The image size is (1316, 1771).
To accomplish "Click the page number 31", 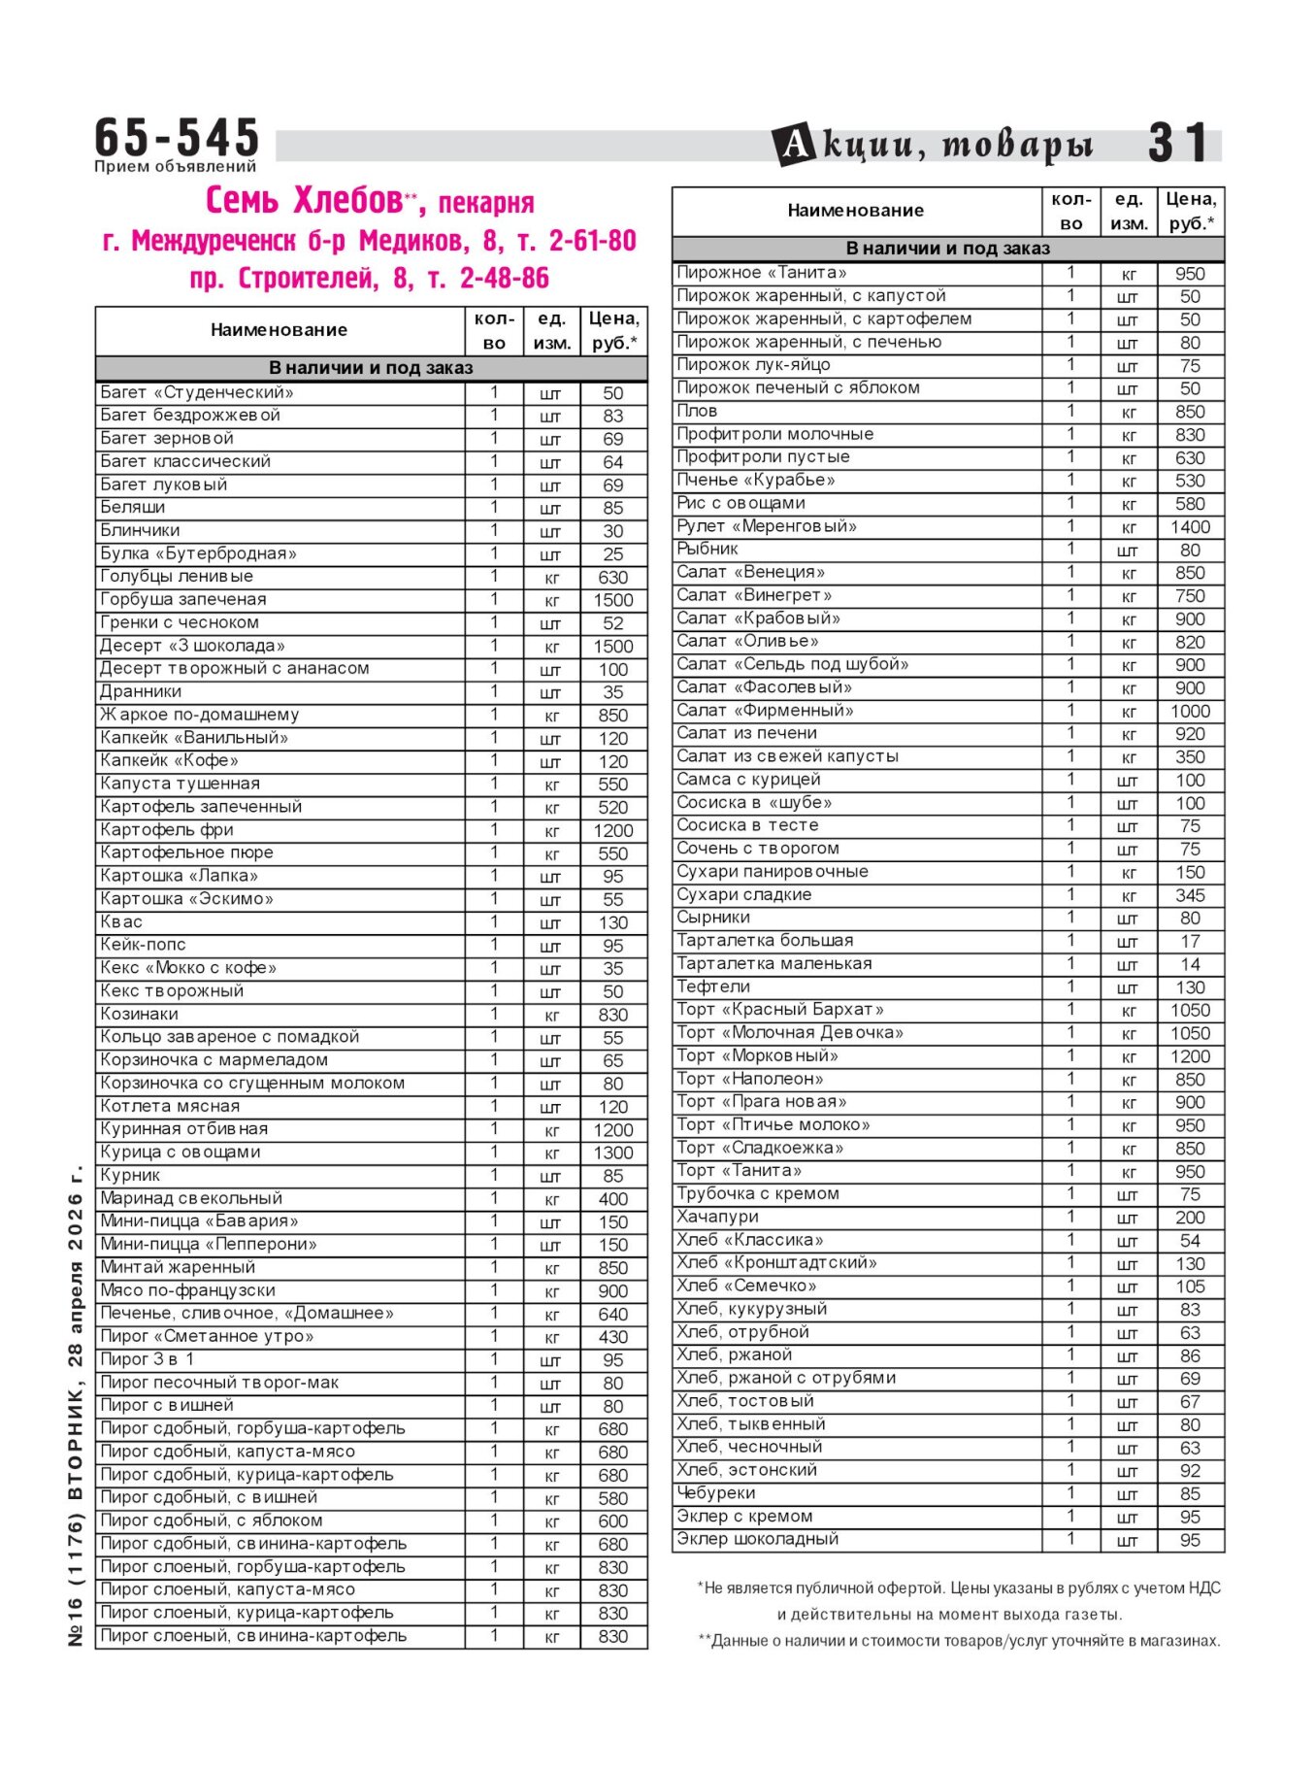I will pyautogui.click(x=1178, y=144).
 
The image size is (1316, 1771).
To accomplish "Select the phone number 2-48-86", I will pyautogui.click(x=504, y=279).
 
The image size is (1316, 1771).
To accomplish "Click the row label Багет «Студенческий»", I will pyautogui.click(x=197, y=393).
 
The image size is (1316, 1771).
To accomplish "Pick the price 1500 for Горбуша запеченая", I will pyautogui.click(x=612, y=601).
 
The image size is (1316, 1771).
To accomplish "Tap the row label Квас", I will pyautogui.click(x=121, y=922).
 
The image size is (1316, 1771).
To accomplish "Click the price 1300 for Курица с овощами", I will pyautogui.click(x=612, y=1153).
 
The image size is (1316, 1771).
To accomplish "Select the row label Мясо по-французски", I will pyautogui.click(x=187, y=1291).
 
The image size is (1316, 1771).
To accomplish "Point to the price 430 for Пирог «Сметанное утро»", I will pyautogui.click(x=612, y=1337).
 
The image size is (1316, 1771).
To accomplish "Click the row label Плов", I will pyautogui.click(x=697, y=412).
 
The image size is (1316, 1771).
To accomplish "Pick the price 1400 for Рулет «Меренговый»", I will pyautogui.click(x=1190, y=527).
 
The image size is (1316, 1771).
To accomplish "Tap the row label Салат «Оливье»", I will pyautogui.click(x=747, y=642).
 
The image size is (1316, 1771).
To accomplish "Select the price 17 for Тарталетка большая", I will pyautogui.click(x=1190, y=942).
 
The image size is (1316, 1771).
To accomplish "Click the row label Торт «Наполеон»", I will pyautogui.click(x=750, y=1080).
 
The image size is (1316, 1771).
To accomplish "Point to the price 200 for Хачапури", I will pyautogui.click(x=1190, y=1218).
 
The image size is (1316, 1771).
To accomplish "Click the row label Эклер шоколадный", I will pyautogui.click(x=757, y=1540).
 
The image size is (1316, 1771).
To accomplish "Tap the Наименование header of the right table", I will pyautogui.click(x=855, y=211).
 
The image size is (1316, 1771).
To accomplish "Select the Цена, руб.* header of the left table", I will pyautogui.click(x=613, y=330).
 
